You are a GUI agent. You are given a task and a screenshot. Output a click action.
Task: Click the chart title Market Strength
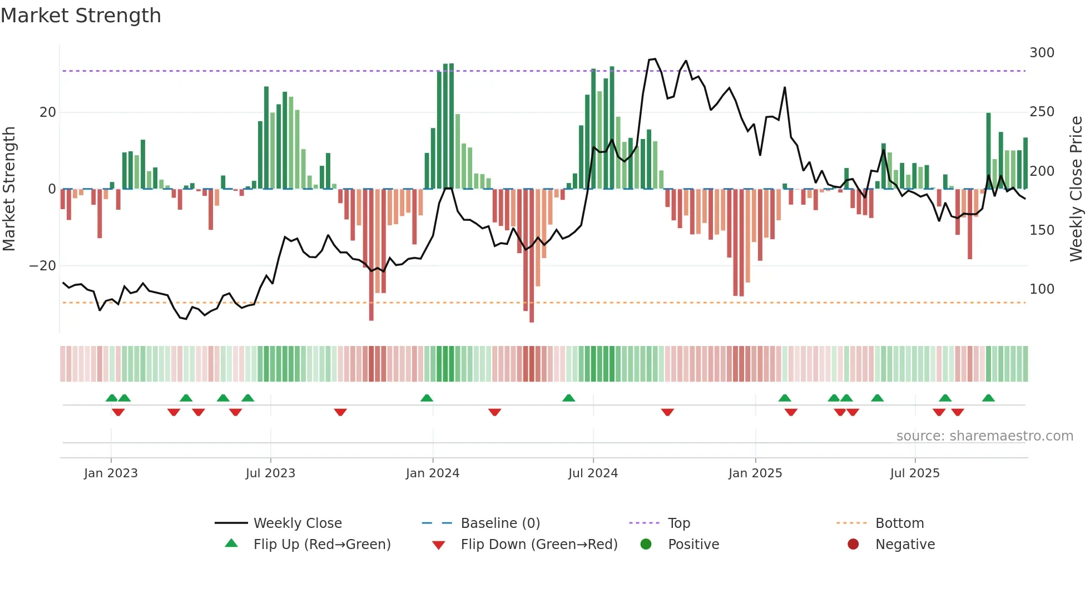pos(81,16)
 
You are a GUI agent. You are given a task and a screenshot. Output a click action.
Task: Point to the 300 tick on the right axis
pos(1042,53)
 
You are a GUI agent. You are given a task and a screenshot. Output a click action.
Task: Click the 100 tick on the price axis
pos(1042,289)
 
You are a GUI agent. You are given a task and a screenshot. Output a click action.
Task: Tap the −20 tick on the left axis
pos(43,266)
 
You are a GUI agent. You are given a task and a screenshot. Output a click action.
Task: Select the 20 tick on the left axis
pos(48,112)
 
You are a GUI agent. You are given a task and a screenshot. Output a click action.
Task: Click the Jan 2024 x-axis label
pos(432,473)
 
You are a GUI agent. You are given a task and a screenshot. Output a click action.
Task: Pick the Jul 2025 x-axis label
pos(914,473)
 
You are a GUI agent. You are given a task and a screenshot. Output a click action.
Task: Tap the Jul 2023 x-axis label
pos(270,473)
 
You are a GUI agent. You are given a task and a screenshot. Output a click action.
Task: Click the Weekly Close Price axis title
pos(1076,189)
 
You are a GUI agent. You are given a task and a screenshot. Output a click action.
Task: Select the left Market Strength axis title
pos(9,189)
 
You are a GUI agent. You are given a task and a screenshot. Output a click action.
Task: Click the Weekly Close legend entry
pos(297,523)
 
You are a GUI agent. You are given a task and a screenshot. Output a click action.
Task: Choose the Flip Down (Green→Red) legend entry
pos(538,545)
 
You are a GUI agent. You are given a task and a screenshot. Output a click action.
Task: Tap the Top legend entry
pos(678,523)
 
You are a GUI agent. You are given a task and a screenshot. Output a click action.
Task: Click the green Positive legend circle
pos(646,545)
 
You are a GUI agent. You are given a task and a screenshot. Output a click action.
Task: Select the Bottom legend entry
pos(899,523)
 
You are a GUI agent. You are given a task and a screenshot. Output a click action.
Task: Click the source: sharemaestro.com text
pos(984,436)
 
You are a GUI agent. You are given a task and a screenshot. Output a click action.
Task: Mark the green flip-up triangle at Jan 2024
pos(427,398)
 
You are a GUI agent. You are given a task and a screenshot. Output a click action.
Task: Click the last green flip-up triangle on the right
pos(988,398)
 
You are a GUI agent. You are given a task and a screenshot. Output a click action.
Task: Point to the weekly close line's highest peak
pos(655,59)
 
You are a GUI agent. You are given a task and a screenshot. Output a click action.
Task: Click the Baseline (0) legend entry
pos(500,523)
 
